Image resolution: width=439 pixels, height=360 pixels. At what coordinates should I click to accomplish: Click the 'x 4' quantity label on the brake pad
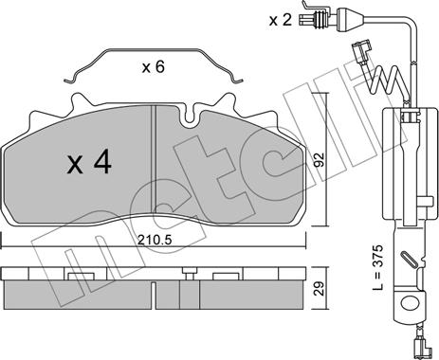[89, 163]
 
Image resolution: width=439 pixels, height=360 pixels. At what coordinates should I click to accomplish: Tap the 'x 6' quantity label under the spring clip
[153, 67]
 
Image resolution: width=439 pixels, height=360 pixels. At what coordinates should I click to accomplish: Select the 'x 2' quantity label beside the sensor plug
[280, 21]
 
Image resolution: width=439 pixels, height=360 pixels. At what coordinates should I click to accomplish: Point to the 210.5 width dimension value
[155, 241]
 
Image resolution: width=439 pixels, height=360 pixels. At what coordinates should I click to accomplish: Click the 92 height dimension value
[320, 159]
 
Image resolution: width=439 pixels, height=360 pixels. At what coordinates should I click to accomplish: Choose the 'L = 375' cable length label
[377, 267]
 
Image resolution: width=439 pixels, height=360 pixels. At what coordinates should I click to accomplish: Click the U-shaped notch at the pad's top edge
[189, 116]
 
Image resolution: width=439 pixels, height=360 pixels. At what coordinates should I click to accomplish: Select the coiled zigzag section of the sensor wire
[390, 81]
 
